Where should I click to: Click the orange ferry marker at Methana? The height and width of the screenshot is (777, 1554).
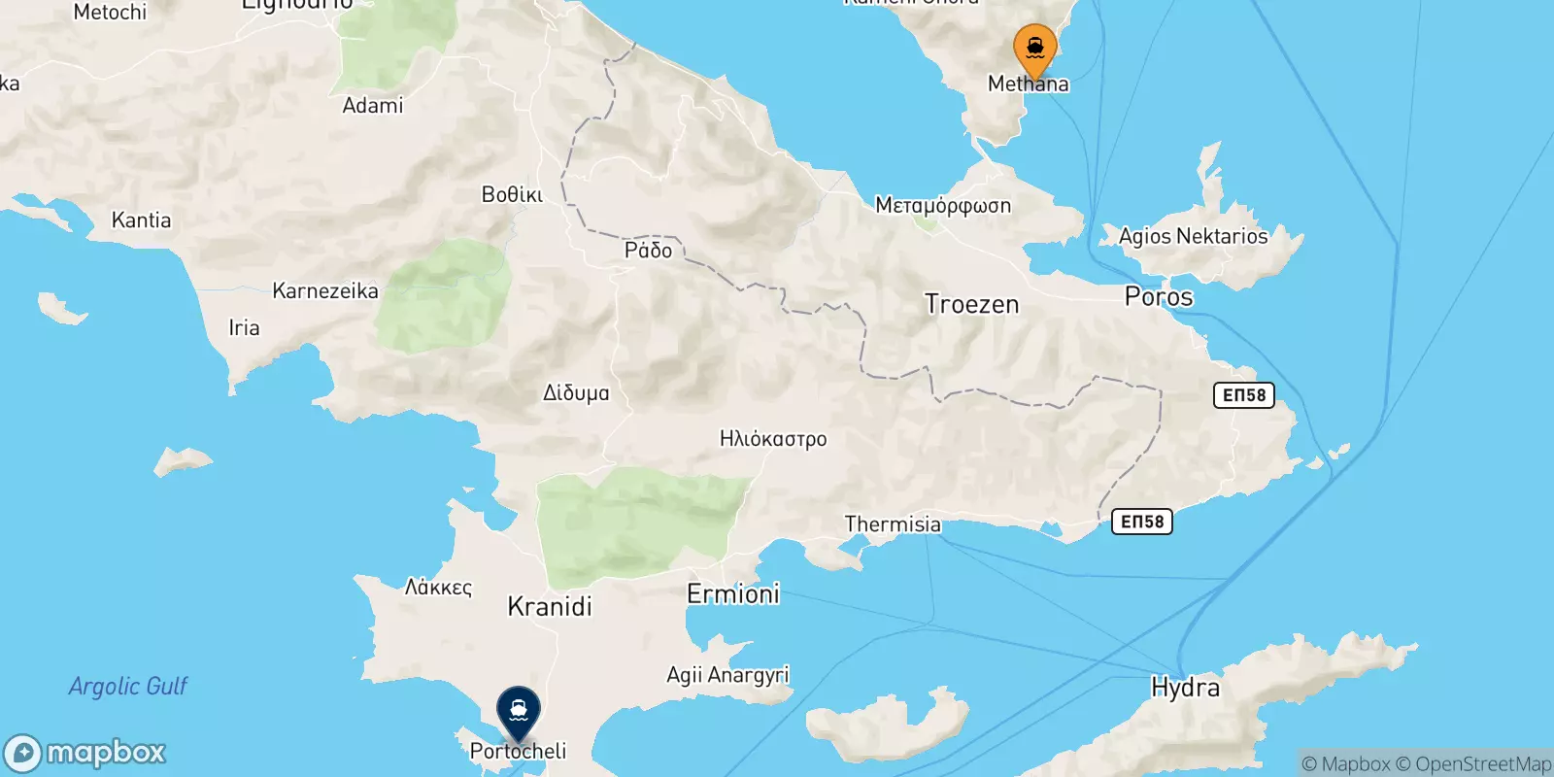1034,49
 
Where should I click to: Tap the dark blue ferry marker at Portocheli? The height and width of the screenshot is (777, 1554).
519,711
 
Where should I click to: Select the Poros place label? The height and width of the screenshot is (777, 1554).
1158,296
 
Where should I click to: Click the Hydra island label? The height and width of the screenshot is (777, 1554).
1185,688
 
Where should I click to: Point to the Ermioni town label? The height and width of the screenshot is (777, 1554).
733,593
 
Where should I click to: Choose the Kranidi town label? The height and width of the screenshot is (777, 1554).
550,607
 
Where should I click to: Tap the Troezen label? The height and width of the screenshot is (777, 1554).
971,304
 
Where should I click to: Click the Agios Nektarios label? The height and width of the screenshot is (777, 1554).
1193,236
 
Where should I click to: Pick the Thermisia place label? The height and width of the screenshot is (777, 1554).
893,524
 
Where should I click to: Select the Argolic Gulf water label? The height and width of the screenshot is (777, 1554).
128,687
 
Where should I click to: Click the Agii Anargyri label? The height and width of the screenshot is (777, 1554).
727,675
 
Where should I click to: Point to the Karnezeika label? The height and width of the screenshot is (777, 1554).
325,290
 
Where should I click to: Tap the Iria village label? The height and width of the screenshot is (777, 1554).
244,327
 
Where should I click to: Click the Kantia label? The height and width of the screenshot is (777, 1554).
141,220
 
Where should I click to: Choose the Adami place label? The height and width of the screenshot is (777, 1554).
372,106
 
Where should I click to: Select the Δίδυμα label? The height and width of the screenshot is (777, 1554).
576,393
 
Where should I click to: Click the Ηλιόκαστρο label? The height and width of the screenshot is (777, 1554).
773,439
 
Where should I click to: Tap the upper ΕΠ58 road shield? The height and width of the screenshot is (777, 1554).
1243,395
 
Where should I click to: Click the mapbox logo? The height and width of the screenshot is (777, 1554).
85,753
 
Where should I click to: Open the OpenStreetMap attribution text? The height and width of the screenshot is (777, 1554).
1482,764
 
